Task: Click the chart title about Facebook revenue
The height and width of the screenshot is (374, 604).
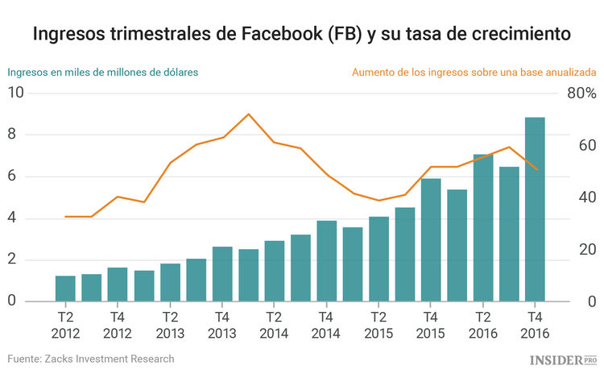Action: pyautogui.click(x=302, y=35)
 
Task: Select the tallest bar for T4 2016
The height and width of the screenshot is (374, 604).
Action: pyautogui.click(x=535, y=210)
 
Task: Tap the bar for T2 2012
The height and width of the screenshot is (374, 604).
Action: pyautogui.click(x=65, y=289)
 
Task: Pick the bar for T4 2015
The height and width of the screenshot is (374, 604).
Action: pyautogui.click(x=431, y=240)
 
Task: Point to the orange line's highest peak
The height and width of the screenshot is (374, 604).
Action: pyautogui.click(x=248, y=114)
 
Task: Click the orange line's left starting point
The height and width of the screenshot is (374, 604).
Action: pyautogui.click(x=65, y=216)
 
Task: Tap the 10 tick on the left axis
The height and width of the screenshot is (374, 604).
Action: pyautogui.click(x=15, y=93)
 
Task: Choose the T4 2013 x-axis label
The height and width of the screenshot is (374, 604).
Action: pyautogui.click(x=221, y=325)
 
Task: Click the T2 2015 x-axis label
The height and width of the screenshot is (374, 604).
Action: pyautogui.click(x=379, y=325)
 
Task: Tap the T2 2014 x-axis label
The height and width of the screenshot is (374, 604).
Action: pyautogui.click(x=274, y=325)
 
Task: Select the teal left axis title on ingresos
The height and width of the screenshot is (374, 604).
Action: pyautogui.click(x=103, y=72)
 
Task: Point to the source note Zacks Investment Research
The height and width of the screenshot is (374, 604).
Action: pyautogui.click(x=91, y=359)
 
